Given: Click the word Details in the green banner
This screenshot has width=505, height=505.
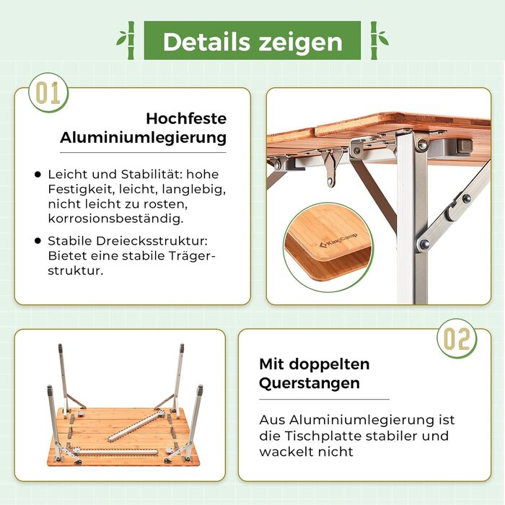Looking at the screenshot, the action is tap(207, 42).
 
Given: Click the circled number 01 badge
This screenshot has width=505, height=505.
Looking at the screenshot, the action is tap(48, 92).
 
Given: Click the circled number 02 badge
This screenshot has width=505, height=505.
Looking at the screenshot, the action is tap(457, 338).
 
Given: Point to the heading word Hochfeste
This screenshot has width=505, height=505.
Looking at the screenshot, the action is tap(186, 118).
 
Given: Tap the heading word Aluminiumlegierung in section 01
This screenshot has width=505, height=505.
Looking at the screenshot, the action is tap(143, 138).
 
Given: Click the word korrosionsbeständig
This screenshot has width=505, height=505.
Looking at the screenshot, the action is tap(115, 219).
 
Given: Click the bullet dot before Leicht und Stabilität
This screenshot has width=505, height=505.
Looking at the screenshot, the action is tap(38, 175).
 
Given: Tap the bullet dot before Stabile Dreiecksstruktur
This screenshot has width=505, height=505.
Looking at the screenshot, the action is tap(38, 240).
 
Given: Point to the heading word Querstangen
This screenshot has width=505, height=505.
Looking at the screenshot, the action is tap(309, 384).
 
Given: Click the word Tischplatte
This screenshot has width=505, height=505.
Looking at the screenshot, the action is tap(323, 436).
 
